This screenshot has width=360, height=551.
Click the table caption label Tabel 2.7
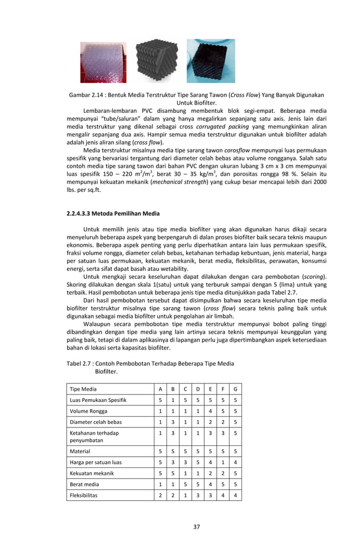tap(81, 364)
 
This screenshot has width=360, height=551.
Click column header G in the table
tap(235, 389)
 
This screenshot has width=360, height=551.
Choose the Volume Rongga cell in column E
tap(210, 412)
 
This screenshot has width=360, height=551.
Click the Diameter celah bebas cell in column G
tap(235, 422)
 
